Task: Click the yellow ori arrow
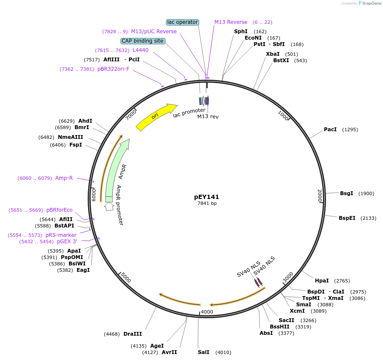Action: [x=155, y=116]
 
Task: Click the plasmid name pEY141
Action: [x=206, y=197]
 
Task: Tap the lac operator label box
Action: [x=182, y=22]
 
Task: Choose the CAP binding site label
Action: [x=143, y=41]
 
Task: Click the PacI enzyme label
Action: [x=330, y=129]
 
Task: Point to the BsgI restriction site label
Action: [x=346, y=193]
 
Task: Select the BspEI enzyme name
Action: [x=347, y=218]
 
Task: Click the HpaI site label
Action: [x=322, y=280]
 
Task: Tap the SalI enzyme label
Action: [x=203, y=352]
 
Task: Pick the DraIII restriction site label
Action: [x=132, y=334]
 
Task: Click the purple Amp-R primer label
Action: [x=64, y=178]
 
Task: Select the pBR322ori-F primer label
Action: [x=113, y=69]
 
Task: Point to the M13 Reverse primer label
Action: [x=231, y=22]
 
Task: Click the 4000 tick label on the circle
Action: [x=207, y=311]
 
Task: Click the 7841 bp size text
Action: [x=207, y=203]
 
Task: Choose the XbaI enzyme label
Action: [x=273, y=54]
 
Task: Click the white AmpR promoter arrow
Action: [x=109, y=206]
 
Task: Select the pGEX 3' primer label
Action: [x=67, y=241]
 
